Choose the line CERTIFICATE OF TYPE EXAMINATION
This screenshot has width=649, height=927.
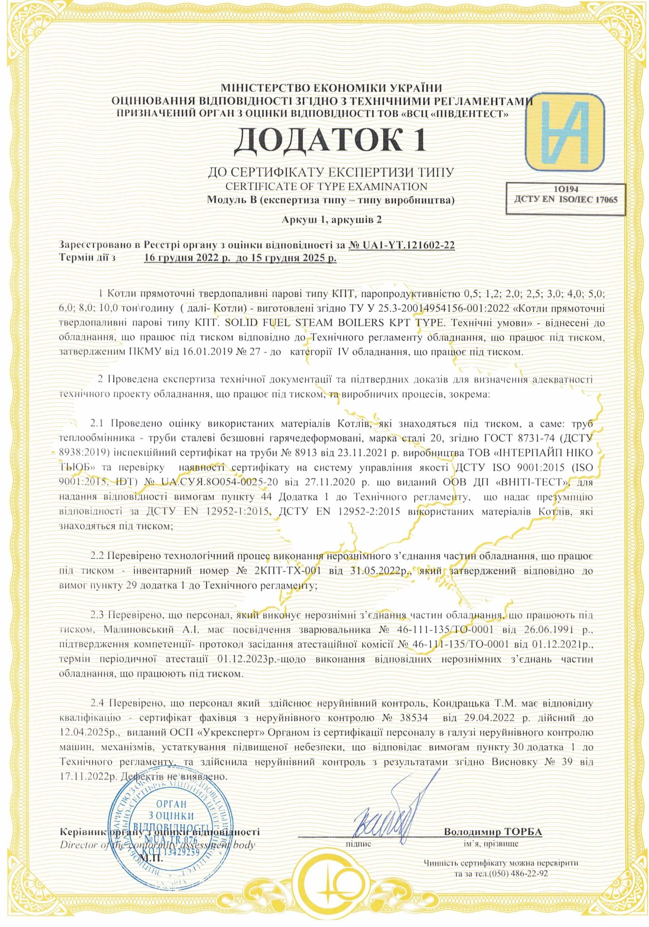pyautogui.click(x=326, y=186)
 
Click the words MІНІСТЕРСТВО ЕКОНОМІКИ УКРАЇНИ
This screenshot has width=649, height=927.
pyautogui.click(x=331, y=88)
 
